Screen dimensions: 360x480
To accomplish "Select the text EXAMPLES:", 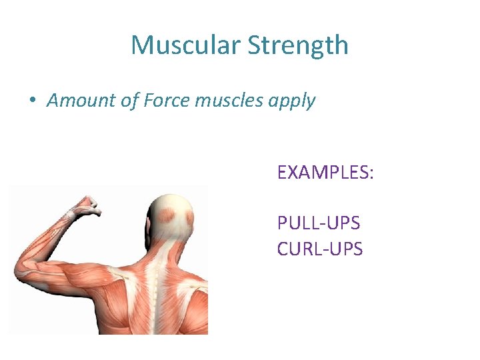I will point(325,173).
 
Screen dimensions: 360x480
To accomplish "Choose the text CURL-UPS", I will point(320,249).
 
